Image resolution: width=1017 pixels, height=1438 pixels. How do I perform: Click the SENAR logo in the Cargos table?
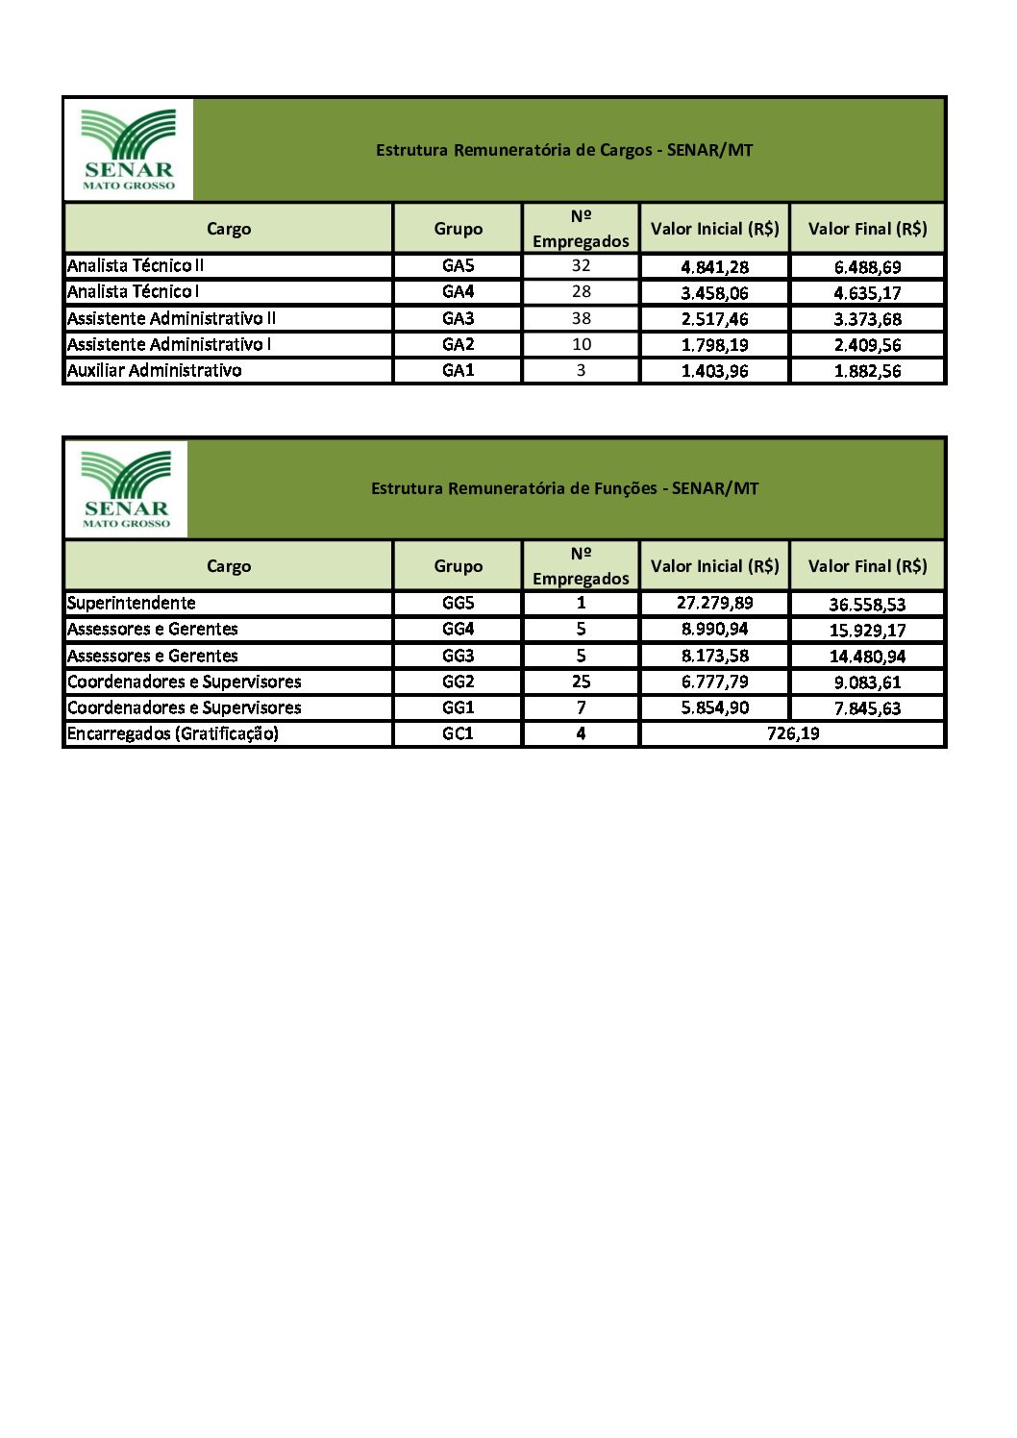point(129,149)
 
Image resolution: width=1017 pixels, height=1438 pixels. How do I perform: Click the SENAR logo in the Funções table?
point(126,488)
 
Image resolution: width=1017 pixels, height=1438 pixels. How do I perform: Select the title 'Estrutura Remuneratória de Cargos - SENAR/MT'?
point(564,150)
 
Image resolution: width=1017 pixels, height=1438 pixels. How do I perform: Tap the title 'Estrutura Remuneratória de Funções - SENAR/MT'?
point(564,488)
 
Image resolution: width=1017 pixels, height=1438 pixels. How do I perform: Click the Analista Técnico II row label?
point(136,266)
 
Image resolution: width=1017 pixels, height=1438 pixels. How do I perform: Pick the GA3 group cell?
point(459,318)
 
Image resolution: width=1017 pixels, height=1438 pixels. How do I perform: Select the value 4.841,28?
point(714,267)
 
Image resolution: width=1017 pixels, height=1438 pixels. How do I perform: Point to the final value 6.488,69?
point(867,267)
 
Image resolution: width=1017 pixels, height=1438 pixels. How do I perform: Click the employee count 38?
point(581,318)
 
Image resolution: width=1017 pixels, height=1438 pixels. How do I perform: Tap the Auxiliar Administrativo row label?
point(154,370)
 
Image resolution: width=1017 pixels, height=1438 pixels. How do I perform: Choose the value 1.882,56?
point(867,371)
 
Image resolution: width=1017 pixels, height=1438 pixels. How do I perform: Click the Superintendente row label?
point(132,604)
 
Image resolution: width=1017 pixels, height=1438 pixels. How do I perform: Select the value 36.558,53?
point(867,605)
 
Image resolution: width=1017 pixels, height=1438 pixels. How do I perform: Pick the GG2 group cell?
point(459,682)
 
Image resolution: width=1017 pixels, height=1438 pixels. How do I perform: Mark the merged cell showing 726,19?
point(793,733)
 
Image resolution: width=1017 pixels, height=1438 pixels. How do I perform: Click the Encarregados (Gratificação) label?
point(173,733)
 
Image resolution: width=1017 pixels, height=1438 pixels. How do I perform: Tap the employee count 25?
point(581,682)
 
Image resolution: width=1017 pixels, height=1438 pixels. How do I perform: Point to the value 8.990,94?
point(714,630)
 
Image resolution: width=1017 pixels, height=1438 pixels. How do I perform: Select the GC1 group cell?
point(459,733)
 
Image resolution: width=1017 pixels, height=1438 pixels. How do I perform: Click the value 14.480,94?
point(867,657)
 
